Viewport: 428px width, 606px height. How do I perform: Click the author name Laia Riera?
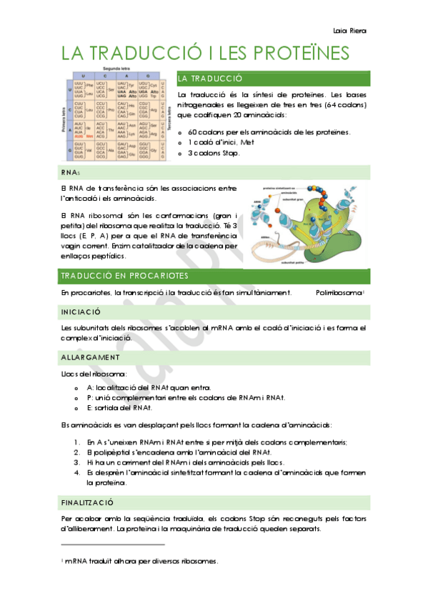coord(349,31)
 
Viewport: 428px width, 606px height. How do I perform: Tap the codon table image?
coord(115,116)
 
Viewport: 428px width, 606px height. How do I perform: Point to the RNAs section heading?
coord(71,172)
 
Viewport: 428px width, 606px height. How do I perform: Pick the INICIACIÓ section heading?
coord(81,312)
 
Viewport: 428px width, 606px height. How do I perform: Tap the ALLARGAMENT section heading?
coord(90,357)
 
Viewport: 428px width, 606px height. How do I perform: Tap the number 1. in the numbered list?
coord(77,442)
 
